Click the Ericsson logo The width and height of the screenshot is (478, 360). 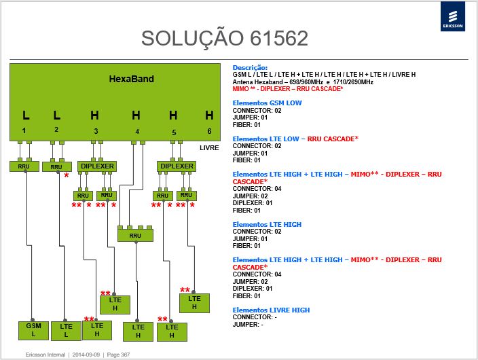[x=453, y=16]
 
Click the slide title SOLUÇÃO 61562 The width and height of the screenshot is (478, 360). [x=225, y=39]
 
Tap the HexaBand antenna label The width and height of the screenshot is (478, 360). [x=132, y=79]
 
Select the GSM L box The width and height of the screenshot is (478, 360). [x=33, y=330]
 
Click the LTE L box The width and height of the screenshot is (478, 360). [x=66, y=331]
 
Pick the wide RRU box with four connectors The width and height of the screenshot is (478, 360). [x=135, y=235]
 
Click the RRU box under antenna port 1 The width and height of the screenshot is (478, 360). [x=24, y=166]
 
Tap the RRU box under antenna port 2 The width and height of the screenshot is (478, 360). [x=57, y=167]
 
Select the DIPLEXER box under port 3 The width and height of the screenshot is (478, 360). [x=97, y=166]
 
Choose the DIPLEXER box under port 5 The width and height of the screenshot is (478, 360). [x=177, y=166]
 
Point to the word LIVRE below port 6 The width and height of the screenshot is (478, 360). [x=209, y=148]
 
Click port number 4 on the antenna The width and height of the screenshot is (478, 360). [x=137, y=132]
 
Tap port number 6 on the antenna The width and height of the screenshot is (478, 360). [x=209, y=131]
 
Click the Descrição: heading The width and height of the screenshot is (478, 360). [x=250, y=68]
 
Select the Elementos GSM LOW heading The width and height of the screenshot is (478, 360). [x=267, y=103]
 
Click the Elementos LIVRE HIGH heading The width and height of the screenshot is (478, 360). [x=271, y=310]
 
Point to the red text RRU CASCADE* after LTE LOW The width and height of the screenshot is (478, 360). [x=333, y=139]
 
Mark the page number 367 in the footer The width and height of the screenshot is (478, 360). [x=118, y=355]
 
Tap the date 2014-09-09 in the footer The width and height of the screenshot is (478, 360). [x=86, y=355]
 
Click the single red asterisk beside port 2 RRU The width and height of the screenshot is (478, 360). [x=67, y=176]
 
